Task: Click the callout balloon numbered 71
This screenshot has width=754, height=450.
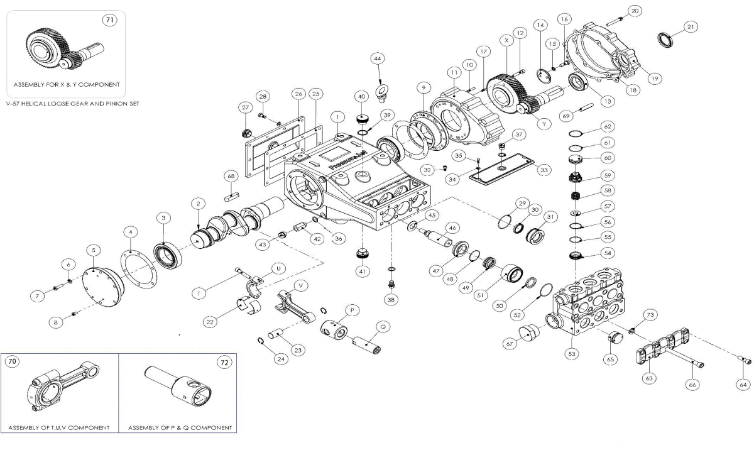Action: (x=109, y=20)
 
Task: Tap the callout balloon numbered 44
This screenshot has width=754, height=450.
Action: (x=377, y=58)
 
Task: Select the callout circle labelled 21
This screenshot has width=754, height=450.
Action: (x=691, y=27)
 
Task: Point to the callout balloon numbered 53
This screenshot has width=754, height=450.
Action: (x=571, y=354)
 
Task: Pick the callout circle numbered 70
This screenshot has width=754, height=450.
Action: (x=13, y=361)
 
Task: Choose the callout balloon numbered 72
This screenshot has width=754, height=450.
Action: (x=224, y=362)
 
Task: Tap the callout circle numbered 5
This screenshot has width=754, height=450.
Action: (x=93, y=250)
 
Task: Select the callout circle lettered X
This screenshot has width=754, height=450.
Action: (x=506, y=39)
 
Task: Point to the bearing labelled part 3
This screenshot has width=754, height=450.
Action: (x=168, y=255)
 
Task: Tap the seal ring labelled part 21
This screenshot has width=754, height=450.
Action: (x=666, y=41)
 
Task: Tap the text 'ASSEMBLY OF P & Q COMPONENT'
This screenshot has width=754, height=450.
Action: (x=180, y=428)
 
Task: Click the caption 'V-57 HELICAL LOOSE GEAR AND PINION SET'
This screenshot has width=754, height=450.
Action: (x=72, y=103)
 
